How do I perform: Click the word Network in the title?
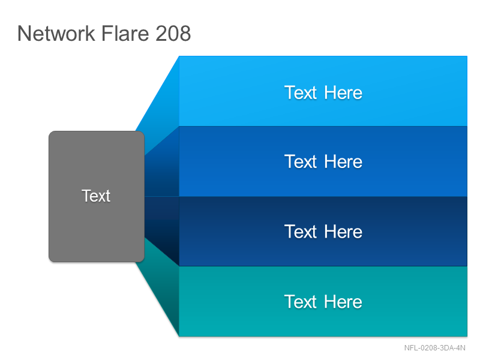[56, 33]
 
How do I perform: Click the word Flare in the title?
[125, 33]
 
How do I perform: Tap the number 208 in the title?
[173, 33]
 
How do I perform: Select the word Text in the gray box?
[96, 196]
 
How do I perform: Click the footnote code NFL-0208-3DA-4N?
[434, 348]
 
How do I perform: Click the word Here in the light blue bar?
[343, 92]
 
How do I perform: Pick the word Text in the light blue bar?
[301, 92]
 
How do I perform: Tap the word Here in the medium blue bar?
[343, 161]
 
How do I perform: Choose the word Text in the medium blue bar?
[301, 161]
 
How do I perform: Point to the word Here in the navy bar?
[343, 232]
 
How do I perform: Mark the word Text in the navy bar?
[301, 232]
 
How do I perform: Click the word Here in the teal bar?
[343, 302]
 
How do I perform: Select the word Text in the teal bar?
[301, 302]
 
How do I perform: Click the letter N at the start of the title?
[24, 33]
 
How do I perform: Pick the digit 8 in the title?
[185, 33]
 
